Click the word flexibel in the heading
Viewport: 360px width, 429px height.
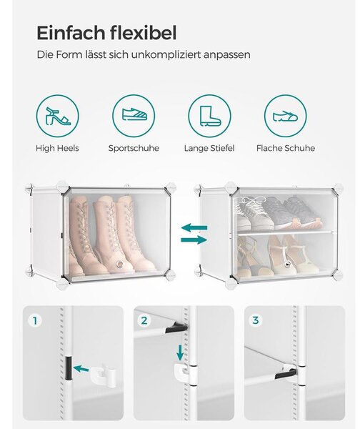click(x=144, y=33)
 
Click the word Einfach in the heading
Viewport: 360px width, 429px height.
click(x=71, y=33)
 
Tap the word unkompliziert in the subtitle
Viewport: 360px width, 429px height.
click(x=166, y=54)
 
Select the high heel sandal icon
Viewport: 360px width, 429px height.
click(x=58, y=117)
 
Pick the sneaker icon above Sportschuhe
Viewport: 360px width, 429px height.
click(x=134, y=114)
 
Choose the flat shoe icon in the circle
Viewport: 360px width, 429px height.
click(x=286, y=117)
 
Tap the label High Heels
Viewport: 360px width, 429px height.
click(x=57, y=148)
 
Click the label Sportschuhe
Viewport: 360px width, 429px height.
click(x=134, y=148)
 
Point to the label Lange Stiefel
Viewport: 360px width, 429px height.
click(x=209, y=148)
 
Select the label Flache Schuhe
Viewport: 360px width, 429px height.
click(x=286, y=148)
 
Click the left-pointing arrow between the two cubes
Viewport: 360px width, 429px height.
click(x=194, y=227)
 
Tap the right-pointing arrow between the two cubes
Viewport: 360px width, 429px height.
click(x=194, y=240)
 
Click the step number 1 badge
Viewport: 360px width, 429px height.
click(x=35, y=320)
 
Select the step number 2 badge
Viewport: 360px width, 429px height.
click(x=144, y=320)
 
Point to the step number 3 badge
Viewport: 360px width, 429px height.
click(x=255, y=320)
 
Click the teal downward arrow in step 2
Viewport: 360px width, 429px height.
click(x=180, y=352)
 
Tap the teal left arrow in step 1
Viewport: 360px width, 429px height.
click(x=81, y=369)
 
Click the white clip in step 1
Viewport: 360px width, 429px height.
click(x=103, y=375)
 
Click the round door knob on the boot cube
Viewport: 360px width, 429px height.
click(x=119, y=264)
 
